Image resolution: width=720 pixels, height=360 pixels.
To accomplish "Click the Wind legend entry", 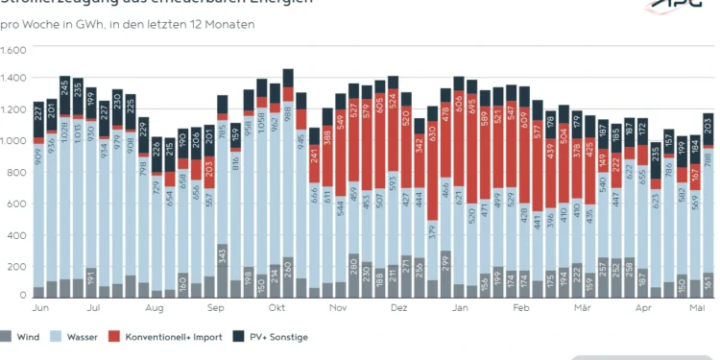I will pos(27,336).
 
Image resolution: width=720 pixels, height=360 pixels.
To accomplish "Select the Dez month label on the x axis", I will pos(398,308).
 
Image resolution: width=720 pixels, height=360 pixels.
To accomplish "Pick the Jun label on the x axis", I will pos(40,308).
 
